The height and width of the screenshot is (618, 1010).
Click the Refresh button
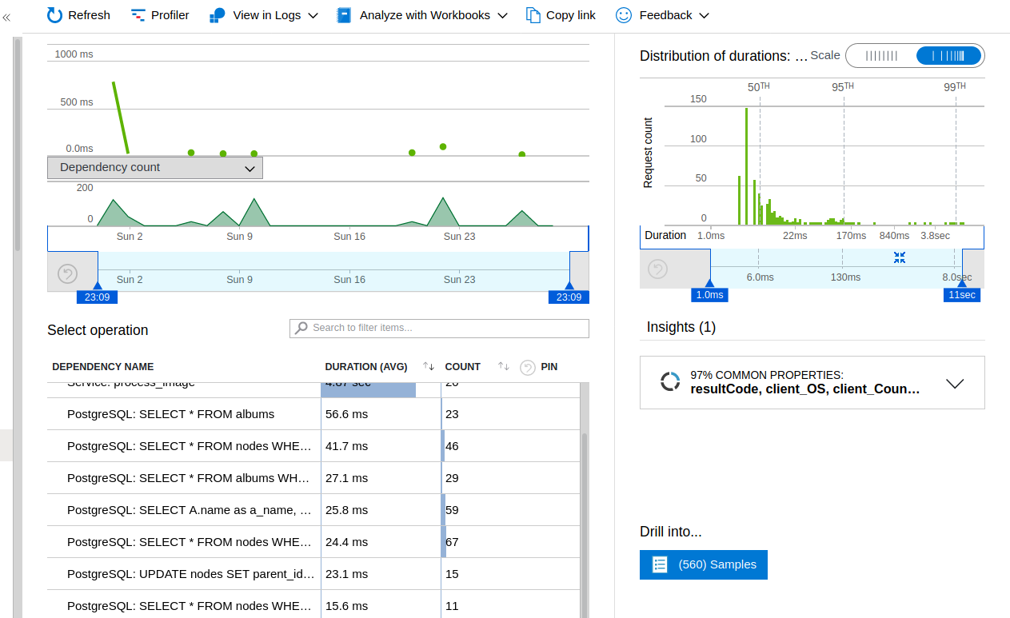pyautogui.click(x=78, y=15)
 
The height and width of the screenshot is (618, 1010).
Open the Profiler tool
pyautogui.click(x=160, y=15)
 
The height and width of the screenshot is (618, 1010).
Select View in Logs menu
pyautogui.click(x=263, y=15)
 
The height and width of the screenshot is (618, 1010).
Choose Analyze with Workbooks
pyautogui.click(x=422, y=15)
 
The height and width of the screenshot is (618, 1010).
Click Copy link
pyautogui.click(x=561, y=15)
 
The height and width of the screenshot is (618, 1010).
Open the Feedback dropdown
pyautogui.click(x=663, y=15)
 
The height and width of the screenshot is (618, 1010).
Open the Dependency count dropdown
pyautogui.click(x=155, y=168)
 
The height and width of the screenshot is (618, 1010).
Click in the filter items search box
pyautogui.click(x=439, y=328)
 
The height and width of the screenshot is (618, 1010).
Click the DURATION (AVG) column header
pyautogui.click(x=366, y=367)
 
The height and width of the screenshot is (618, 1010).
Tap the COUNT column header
pyautogui.click(x=462, y=367)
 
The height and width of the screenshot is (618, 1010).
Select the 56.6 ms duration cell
pyautogui.click(x=347, y=414)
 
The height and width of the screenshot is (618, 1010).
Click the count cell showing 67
pyautogui.click(x=452, y=542)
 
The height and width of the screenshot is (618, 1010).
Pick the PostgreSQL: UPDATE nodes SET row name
pyautogui.click(x=190, y=574)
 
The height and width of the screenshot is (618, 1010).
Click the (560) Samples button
pyautogui.click(x=704, y=564)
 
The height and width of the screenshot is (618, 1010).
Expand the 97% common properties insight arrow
pyautogui.click(x=955, y=383)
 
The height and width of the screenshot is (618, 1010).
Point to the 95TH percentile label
pyautogui.click(x=842, y=87)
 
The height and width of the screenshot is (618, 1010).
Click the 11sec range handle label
pyautogui.click(x=961, y=295)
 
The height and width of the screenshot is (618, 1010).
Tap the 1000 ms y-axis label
pyautogui.click(x=74, y=54)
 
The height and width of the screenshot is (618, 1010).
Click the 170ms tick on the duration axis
pyautogui.click(x=851, y=236)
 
